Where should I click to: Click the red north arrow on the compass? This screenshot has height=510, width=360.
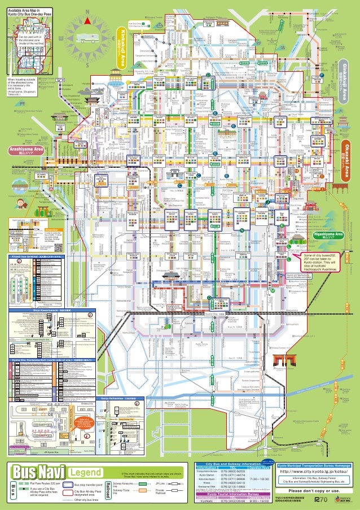[88, 20]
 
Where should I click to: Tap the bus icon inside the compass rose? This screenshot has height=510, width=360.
[86, 39]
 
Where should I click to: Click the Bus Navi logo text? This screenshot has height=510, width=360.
[38, 472]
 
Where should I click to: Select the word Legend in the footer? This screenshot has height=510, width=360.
[85, 472]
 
